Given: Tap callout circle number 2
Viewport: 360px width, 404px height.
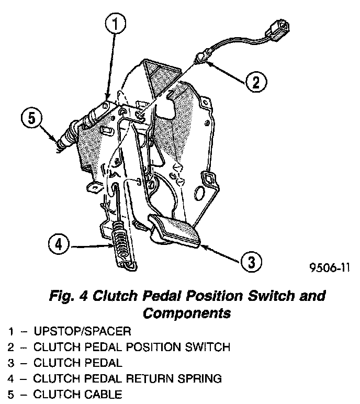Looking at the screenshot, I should click(253, 81).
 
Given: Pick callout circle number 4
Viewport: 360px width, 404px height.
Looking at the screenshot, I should click(59, 243).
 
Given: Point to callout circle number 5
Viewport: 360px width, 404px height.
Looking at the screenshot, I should click(31, 118).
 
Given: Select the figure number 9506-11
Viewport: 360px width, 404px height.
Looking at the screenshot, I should click(329, 268).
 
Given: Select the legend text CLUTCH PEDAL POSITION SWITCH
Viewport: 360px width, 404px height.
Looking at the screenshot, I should click(131, 346).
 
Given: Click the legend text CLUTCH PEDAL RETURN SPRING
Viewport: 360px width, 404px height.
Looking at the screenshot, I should click(128, 377).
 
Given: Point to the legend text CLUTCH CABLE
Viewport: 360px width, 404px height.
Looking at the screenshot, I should click(77, 393).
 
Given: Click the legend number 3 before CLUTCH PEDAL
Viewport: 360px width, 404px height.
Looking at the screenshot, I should click(10, 362).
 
